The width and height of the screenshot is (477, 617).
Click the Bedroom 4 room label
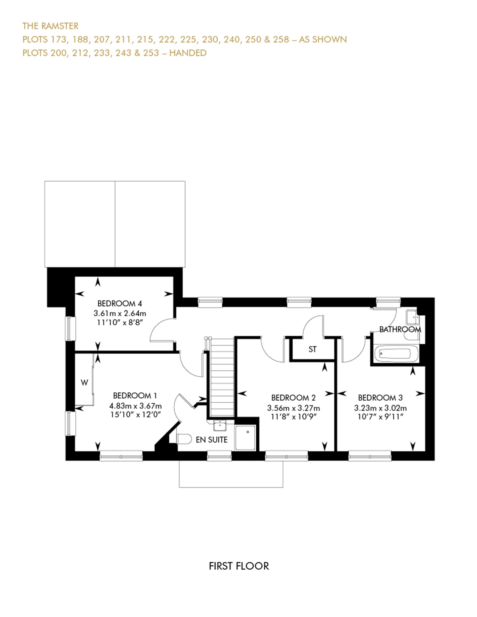click(x=119, y=304)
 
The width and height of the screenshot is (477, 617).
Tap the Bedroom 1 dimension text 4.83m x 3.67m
click(x=135, y=406)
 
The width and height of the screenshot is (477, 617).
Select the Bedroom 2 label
click(x=293, y=398)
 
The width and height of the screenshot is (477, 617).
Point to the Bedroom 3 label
click(x=380, y=398)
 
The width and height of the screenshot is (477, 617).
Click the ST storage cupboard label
click(x=312, y=349)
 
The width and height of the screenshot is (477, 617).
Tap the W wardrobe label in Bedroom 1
click(x=84, y=383)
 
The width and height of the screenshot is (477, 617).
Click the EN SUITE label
click(x=211, y=440)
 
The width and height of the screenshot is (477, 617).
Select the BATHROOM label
click(x=400, y=329)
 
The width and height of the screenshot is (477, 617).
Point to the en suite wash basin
click(x=220, y=425)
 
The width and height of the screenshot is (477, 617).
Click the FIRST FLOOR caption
click(x=239, y=566)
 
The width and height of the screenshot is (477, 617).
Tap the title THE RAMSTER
click(x=50, y=26)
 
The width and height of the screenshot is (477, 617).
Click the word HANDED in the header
click(x=188, y=53)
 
